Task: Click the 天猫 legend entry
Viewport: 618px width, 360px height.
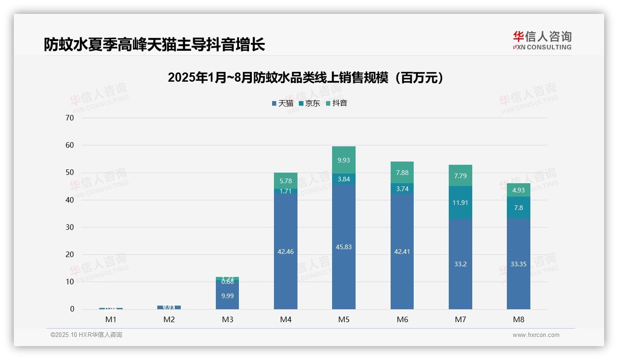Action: point(283,103)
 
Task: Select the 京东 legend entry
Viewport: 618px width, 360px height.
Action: point(309,103)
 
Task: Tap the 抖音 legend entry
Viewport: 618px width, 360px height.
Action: point(336,103)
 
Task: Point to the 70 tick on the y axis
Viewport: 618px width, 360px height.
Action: point(70,118)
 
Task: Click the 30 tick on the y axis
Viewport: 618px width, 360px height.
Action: point(70,227)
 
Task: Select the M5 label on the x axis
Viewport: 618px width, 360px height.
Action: point(344,319)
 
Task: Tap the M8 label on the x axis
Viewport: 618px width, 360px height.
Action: point(518,319)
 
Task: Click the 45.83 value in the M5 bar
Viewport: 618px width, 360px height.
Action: point(344,247)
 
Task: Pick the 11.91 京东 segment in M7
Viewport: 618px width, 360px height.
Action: point(460,202)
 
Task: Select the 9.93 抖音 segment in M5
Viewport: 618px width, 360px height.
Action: point(344,160)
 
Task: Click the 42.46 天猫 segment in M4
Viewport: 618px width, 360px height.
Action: point(285,252)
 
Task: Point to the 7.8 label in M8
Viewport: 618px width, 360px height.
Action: point(518,208)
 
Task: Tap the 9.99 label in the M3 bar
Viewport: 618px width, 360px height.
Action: point(227,296)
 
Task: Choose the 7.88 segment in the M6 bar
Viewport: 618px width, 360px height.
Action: point(402,173)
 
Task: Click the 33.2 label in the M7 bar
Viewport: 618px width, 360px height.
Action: point(460,264)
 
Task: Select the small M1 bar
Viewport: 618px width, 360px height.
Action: point(111,308)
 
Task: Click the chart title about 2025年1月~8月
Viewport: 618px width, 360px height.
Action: point(306,78)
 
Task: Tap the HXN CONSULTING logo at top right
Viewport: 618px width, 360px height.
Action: point(542,41)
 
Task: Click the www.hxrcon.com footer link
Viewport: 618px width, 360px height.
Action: point(536,335)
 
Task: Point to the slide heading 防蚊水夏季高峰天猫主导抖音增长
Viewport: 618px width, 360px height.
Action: point(154,45)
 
